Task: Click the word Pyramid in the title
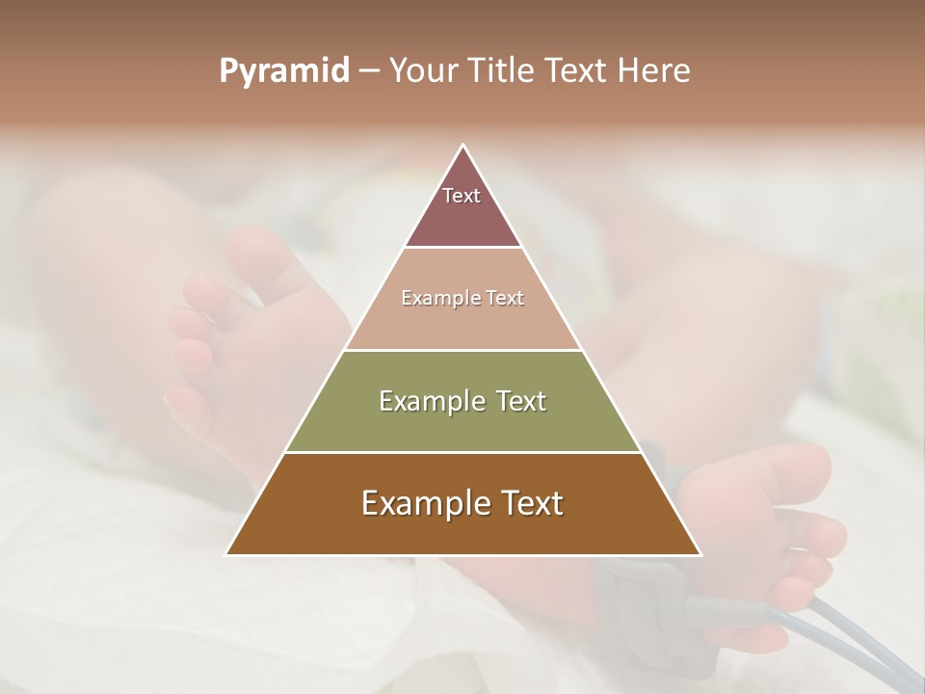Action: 283,71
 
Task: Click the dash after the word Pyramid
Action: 368,72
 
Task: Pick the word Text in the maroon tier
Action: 462,196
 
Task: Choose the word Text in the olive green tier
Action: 518,401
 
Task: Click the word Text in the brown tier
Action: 531,503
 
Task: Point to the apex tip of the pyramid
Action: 462,145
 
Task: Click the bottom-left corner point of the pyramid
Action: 225,555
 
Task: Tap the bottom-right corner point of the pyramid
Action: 700,555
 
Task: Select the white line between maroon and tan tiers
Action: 462,247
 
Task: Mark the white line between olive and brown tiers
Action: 462,453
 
